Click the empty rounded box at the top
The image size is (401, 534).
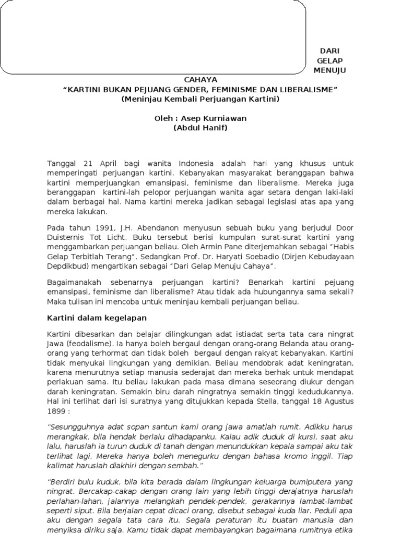tap(153, 37)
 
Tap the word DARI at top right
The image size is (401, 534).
tap(329, 51)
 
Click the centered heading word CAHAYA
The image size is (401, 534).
tap(200, 80)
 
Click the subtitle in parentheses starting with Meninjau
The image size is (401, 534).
tap(200, 99)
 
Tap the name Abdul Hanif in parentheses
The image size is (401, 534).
tap(200, 128)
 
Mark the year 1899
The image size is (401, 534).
tap(56, 410)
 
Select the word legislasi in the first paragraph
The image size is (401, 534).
tap(246, 203)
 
